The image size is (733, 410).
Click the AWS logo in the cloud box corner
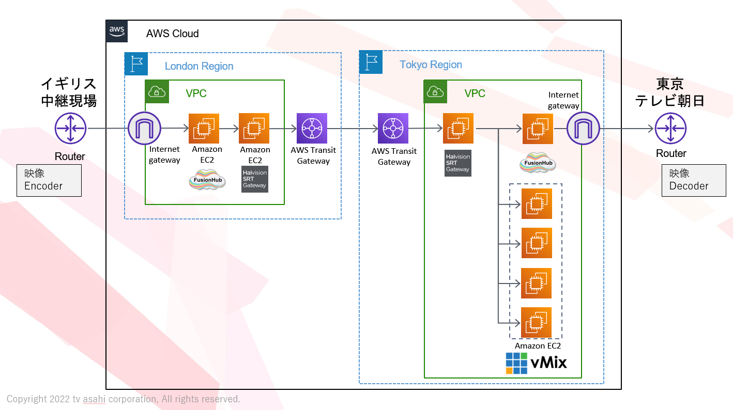(117, 31)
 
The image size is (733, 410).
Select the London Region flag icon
(136, 64)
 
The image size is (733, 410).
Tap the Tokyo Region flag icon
(371, 62)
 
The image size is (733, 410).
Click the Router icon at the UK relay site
(70, 128)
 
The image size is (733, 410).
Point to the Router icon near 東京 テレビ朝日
(670, 128)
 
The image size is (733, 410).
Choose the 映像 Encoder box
(49, 180)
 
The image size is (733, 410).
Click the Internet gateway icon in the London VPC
(145, 128)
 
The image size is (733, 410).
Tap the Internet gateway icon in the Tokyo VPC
(583, 128)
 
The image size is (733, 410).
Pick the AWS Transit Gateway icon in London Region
(312, 128)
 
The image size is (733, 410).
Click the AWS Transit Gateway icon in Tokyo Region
(393, 128)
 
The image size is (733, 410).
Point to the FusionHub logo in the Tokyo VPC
(537, 163)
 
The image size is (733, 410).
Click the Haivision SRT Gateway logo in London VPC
(254, 179)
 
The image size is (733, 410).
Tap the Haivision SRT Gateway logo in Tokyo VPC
(457, 163)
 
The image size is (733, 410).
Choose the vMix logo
(536, 363)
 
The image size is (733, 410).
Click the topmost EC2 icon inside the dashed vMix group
(537, 203)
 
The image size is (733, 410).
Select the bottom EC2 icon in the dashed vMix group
(537, 322)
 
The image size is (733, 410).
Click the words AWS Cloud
(172, 34)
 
